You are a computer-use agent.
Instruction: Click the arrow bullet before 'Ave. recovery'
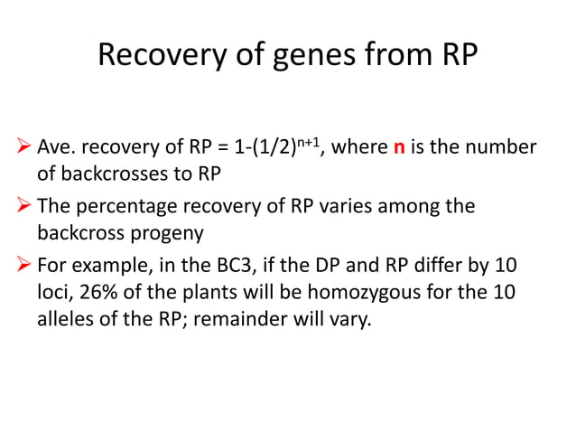24,147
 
